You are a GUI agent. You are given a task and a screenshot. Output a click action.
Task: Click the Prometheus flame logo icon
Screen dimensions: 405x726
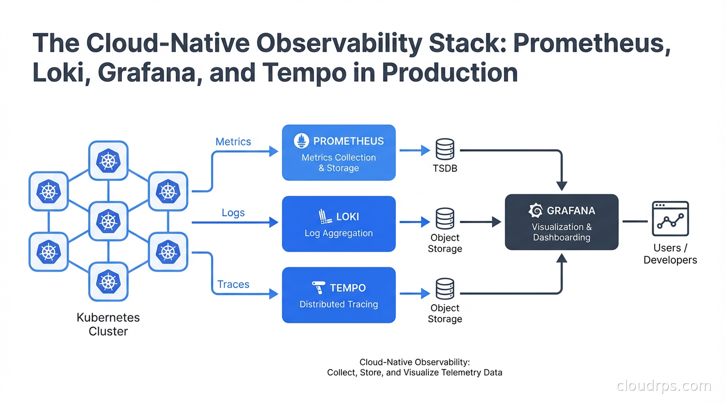click(301, 141)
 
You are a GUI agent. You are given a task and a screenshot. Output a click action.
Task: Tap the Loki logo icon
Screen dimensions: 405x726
click(324, 216)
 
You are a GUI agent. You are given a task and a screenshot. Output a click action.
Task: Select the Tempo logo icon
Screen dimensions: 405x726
click(319, 288)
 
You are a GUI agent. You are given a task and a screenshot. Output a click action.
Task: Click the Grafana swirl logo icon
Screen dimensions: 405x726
click(536, 210)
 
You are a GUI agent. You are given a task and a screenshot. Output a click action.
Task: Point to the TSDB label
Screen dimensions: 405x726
click(445, 169)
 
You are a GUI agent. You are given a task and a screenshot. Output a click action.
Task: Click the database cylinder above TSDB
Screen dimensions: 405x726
click(445, 149)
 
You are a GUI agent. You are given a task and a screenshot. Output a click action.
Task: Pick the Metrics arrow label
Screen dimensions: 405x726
click(233, 141)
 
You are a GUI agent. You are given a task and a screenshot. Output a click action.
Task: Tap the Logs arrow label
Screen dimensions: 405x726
click(233, 213)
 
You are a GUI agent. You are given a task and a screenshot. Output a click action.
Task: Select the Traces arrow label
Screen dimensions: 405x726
click(233, 284)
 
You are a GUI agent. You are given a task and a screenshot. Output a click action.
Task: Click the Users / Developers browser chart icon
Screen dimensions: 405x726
click(670, 218)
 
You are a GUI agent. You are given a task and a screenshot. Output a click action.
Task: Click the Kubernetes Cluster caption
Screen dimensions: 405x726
click(108, 324)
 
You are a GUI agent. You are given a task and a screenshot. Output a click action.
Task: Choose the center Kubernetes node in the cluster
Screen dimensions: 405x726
click(108, 221)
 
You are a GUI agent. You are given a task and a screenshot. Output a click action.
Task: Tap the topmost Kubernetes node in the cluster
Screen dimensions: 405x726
click(108, 160)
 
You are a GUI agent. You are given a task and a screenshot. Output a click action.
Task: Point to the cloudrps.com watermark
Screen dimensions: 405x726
click(664, 385)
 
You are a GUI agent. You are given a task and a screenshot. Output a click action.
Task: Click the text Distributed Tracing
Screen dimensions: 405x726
click(339, 304)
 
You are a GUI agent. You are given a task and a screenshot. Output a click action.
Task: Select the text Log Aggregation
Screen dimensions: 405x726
click(339, 233)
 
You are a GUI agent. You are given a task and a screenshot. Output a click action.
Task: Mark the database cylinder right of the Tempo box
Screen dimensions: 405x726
click(445, 289)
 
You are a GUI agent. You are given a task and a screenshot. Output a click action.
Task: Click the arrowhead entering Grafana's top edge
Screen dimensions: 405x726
click(562, 186)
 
